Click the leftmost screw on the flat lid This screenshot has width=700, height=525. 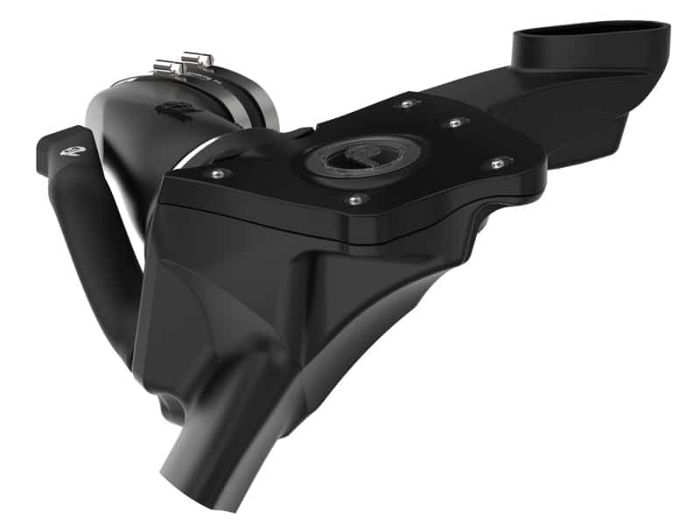pyautogui.click(x=215, y=174)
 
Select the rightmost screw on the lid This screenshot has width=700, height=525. pyautogui.click(x=497, y=162)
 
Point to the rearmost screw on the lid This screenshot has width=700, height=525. pyautogui.click(x=406, y=104)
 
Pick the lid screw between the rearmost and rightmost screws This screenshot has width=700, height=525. pyautogui.click(x=454, y=123)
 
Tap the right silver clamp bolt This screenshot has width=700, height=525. pyautogui.click(x=195, y=59)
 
